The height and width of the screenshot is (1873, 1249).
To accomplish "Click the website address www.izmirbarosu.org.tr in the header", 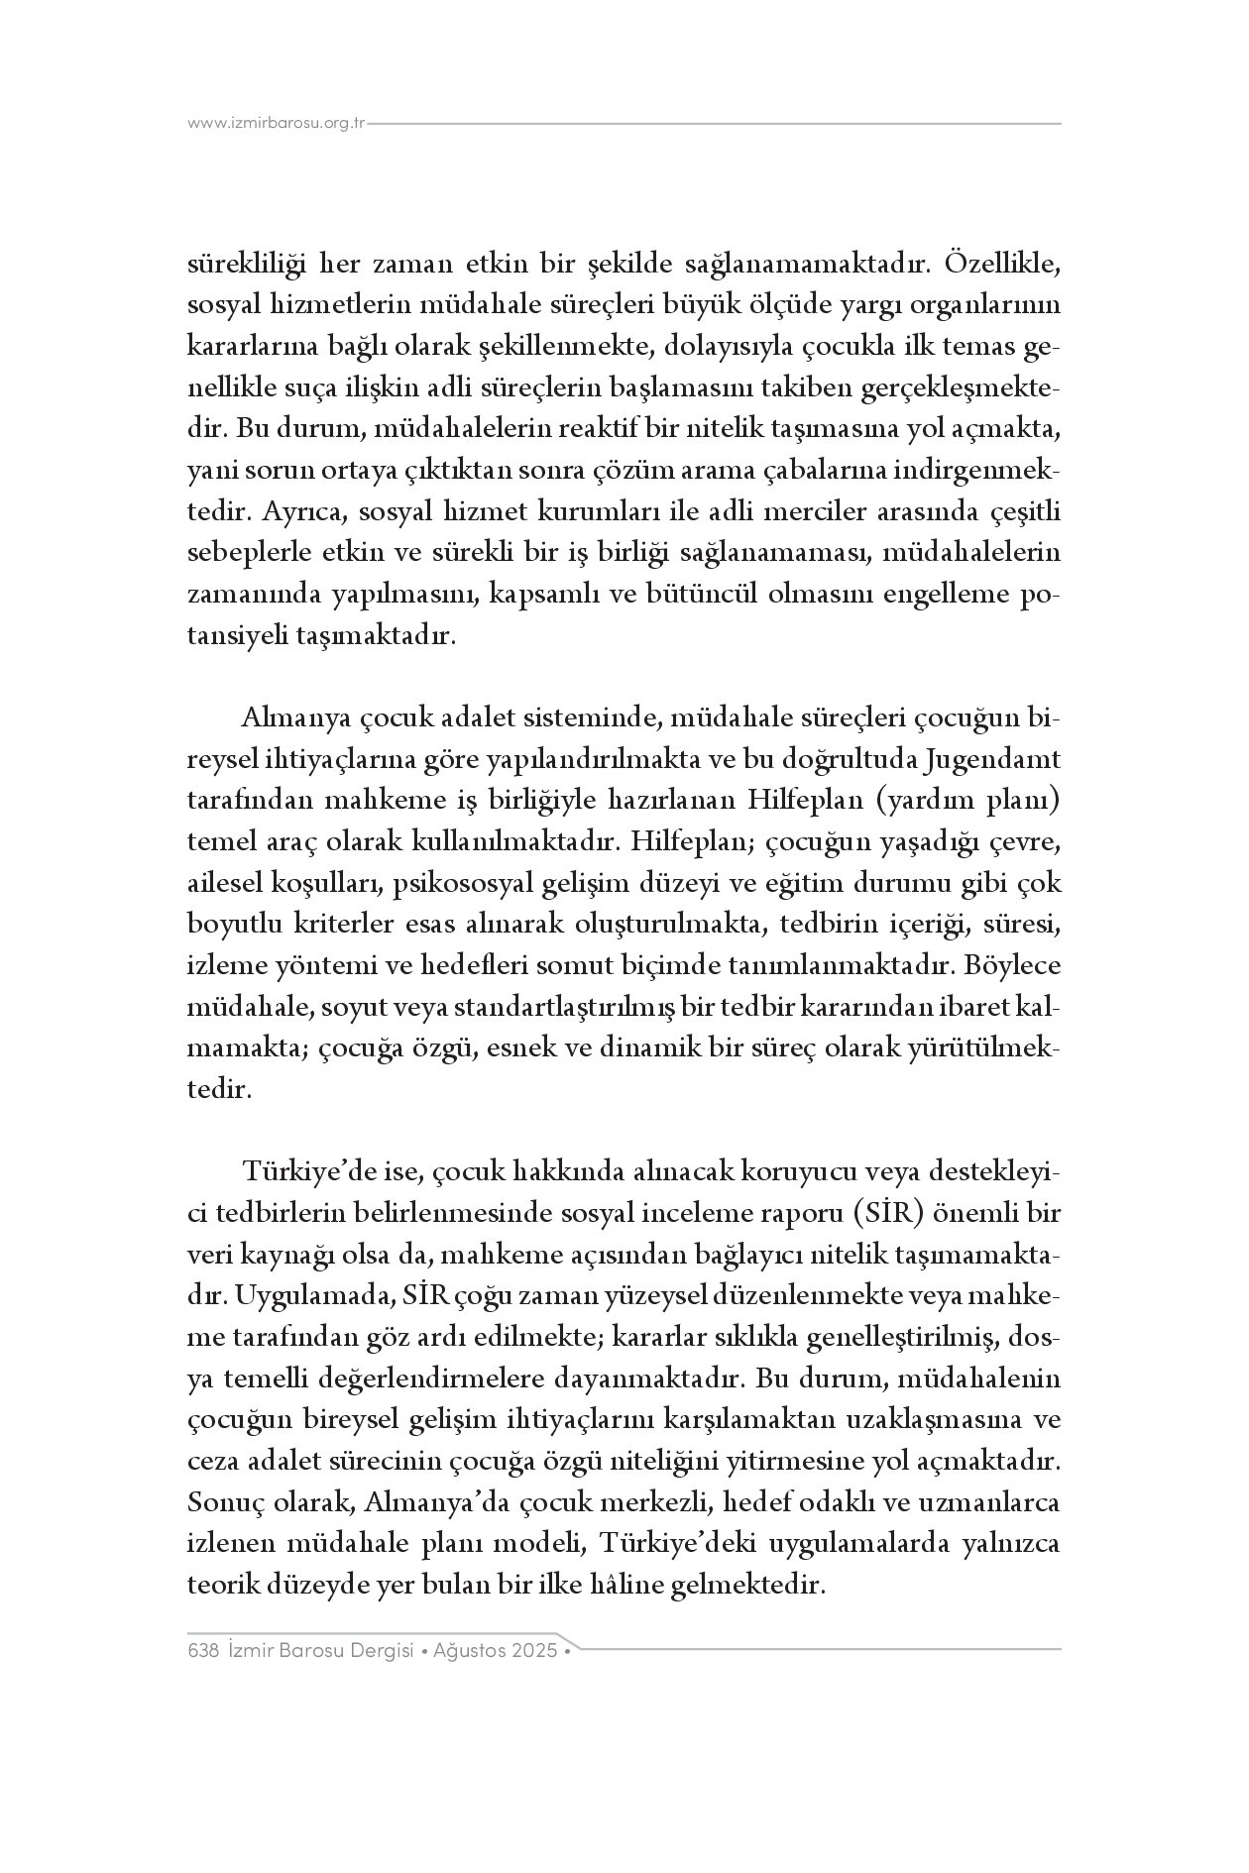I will coord(277,124).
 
